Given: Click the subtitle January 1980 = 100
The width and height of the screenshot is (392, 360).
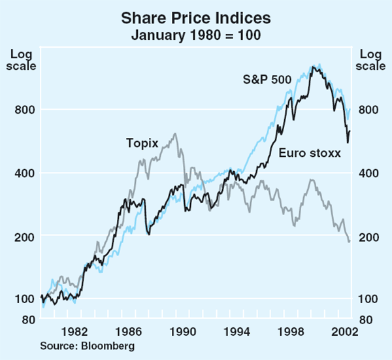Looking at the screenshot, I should [196, 34].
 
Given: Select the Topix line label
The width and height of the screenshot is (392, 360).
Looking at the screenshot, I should [142, 142].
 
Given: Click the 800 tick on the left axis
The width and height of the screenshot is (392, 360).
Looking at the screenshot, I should [25, 110].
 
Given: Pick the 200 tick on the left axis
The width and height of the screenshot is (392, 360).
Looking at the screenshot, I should [25, 237].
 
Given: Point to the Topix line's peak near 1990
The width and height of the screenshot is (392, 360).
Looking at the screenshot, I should [175, 134].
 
